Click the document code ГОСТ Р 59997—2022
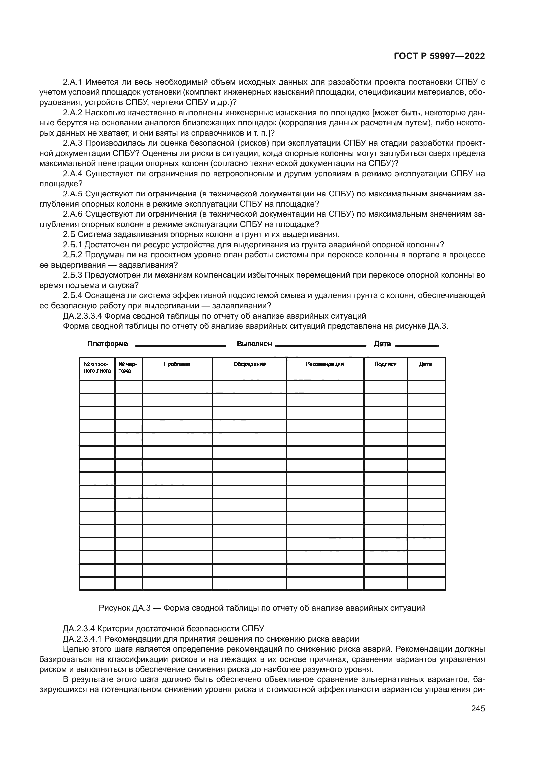click(439, 56)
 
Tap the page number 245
click(478, 708)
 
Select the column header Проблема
click(177, 364)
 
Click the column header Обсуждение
click(249, 364)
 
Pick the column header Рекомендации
click(325, 364)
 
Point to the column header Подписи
click(385, 364)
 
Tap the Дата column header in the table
click(425, 364)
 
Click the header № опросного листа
click(97, 367)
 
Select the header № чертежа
click(128, 367)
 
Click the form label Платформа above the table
click(107, 344)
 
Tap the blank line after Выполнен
click(320, 345)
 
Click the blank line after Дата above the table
click(417, 345)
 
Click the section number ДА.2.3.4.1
click(82, 639)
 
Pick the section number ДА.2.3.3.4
click(82, 316)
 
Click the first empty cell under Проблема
click(177, 386)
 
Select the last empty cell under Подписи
click(385, 584)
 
